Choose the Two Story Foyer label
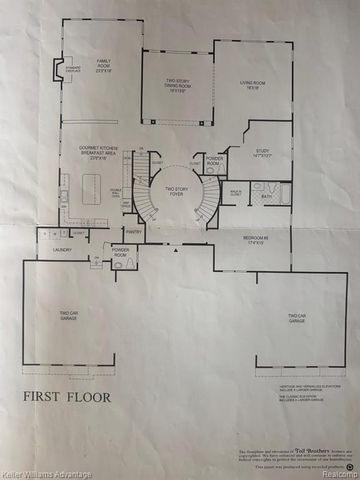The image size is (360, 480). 177,191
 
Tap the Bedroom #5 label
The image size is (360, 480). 251,242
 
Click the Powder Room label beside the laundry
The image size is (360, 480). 120,250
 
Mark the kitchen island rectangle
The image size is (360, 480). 98,185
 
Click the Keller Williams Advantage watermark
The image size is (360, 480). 42,473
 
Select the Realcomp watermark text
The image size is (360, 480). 335,473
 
